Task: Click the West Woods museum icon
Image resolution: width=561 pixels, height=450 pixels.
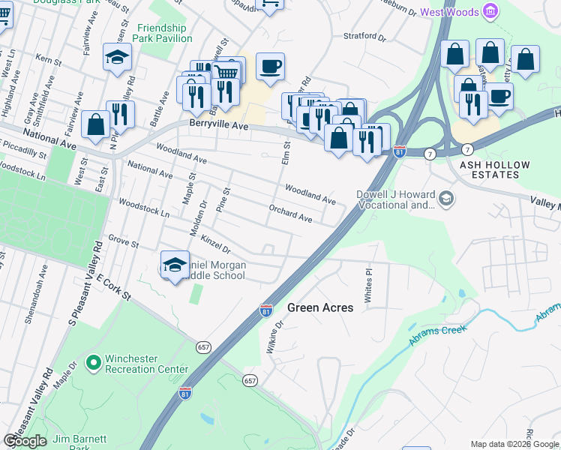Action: pos(490,11)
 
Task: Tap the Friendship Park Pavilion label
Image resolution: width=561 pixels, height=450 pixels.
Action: pos(166,33)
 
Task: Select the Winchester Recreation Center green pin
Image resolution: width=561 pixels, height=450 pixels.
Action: pos(94,364)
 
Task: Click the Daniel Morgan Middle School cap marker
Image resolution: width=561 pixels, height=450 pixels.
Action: pos(175,265)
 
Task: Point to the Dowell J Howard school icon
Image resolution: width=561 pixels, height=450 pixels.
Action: pos(446,199)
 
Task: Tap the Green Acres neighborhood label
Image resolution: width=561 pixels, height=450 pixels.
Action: pos(320,307)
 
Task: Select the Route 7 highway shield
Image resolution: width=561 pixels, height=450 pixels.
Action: pos(467,149)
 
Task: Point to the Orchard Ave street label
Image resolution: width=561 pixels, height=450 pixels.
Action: pos(290,212)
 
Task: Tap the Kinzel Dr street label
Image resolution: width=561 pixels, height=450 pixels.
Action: pos(216,242)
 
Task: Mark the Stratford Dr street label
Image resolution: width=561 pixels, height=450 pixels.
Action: pos(364,36)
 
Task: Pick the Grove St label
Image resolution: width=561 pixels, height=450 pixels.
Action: pos(124,242)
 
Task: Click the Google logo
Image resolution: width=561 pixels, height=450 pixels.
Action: pos(25,441)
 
